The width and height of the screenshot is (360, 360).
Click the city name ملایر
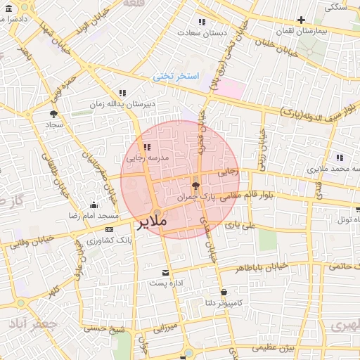150,223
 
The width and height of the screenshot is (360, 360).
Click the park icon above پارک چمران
195,186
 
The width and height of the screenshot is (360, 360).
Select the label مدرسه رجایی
147,158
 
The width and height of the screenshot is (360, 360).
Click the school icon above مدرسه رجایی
147,148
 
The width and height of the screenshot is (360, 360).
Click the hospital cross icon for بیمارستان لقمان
302,20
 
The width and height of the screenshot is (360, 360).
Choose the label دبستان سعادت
200,32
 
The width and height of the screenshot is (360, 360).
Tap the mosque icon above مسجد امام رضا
94,205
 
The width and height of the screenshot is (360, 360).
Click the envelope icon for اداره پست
165,272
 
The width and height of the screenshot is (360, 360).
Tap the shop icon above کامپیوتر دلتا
224,292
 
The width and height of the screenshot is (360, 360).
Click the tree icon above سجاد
54,113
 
